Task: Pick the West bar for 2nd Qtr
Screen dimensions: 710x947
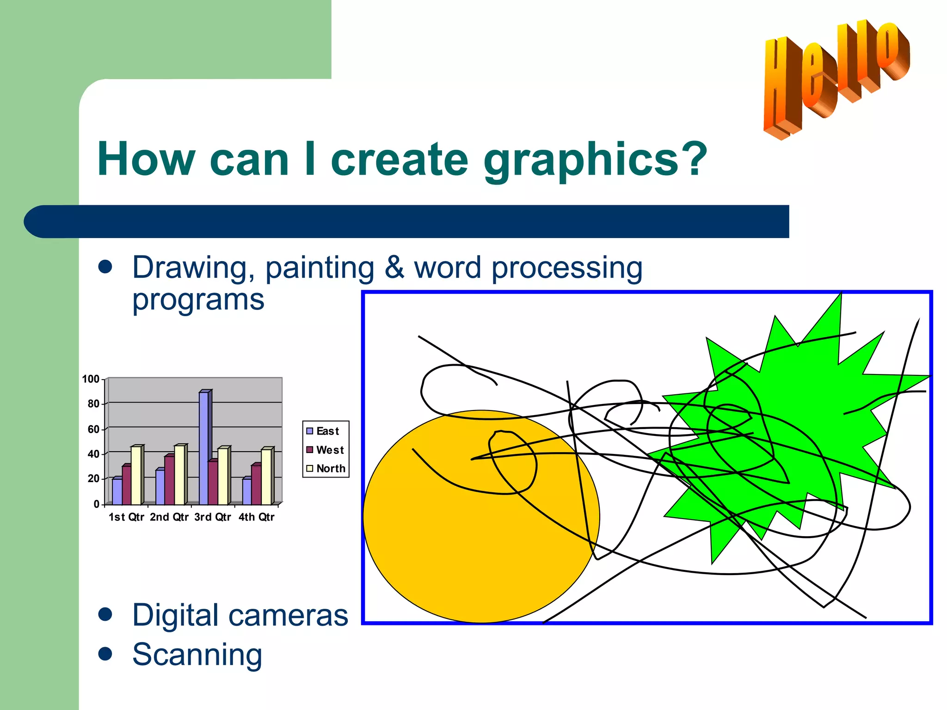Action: coord(169,480)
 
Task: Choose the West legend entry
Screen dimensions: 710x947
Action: coord(325,450)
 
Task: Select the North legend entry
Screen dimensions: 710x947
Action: coord(326,468)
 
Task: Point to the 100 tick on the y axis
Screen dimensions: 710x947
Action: coord(91,379)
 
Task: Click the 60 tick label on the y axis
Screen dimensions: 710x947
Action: coord(93,429)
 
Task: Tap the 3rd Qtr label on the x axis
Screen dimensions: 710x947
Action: coord(212,517)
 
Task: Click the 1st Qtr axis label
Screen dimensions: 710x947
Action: coord(126,517)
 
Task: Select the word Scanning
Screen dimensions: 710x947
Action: coord(197,654)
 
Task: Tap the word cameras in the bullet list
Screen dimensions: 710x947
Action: coord(287,615)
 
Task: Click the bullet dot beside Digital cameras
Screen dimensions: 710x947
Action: coord(105,614)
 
